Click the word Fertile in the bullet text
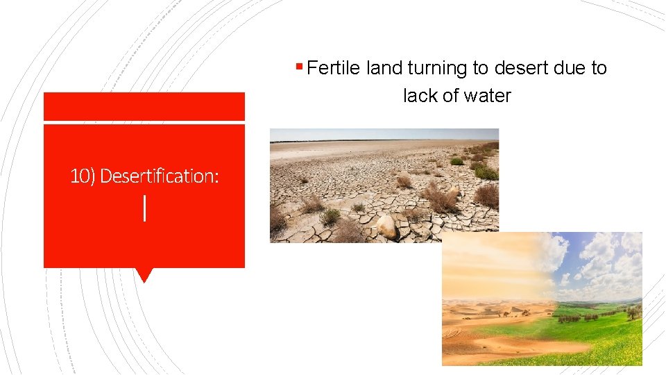click(334, 68)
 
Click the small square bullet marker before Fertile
click(299, 67)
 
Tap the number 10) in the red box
click(83, 176)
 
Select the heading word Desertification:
click(160, 176)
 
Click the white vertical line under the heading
click(144, 208)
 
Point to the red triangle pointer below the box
click(144, 275)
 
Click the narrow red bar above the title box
click(144, 106)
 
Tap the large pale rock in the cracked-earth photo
click(386, 226)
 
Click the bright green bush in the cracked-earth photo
click(486, 172)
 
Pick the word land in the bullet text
click(385, 68)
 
